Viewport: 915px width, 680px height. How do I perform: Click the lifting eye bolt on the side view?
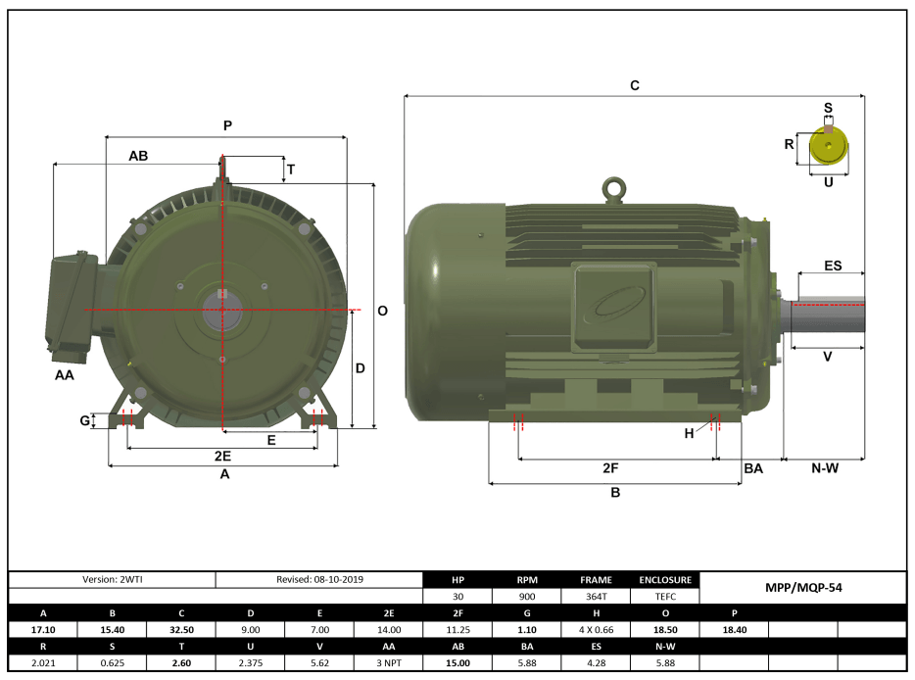coord(614,188)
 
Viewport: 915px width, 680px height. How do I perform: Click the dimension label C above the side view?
coord(635,86)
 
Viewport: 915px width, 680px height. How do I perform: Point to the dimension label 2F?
coord(610,468)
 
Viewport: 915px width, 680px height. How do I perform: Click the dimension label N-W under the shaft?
coord(825,468)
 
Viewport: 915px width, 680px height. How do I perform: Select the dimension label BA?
coord(752,469)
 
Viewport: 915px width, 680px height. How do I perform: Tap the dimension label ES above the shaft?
coord(832,266)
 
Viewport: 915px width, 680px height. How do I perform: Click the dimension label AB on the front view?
coord(138,156)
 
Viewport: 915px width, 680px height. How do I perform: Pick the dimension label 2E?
coord(222,457)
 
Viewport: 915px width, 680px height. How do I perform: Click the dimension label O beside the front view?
coord(383,311)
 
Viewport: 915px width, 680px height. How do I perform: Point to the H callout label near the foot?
coord(689,433)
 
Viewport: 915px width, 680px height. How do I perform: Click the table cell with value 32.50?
coord(181,629)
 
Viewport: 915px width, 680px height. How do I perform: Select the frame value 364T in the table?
coord(596,596)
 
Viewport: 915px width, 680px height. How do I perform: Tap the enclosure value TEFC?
coord(665,596)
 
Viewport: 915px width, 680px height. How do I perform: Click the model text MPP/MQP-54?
coord(802,588)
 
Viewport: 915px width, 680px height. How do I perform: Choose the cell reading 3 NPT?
coord(389,662)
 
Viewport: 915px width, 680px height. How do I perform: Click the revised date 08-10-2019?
coord(319,579)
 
